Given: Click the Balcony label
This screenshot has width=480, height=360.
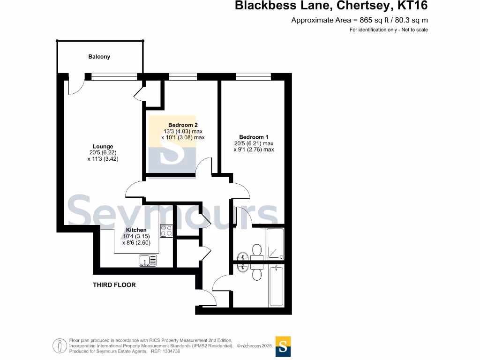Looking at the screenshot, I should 99,57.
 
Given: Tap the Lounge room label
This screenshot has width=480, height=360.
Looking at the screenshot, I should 103,147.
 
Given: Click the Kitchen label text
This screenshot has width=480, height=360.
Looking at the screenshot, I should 136,230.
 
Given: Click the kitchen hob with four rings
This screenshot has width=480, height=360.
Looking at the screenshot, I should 166,231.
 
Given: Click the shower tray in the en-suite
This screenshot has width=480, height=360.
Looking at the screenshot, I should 275,243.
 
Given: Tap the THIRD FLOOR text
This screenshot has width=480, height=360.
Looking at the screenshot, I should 114,285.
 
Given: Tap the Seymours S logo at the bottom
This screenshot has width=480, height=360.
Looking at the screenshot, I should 283,346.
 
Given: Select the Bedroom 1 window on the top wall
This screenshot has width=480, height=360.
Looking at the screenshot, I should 254,76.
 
